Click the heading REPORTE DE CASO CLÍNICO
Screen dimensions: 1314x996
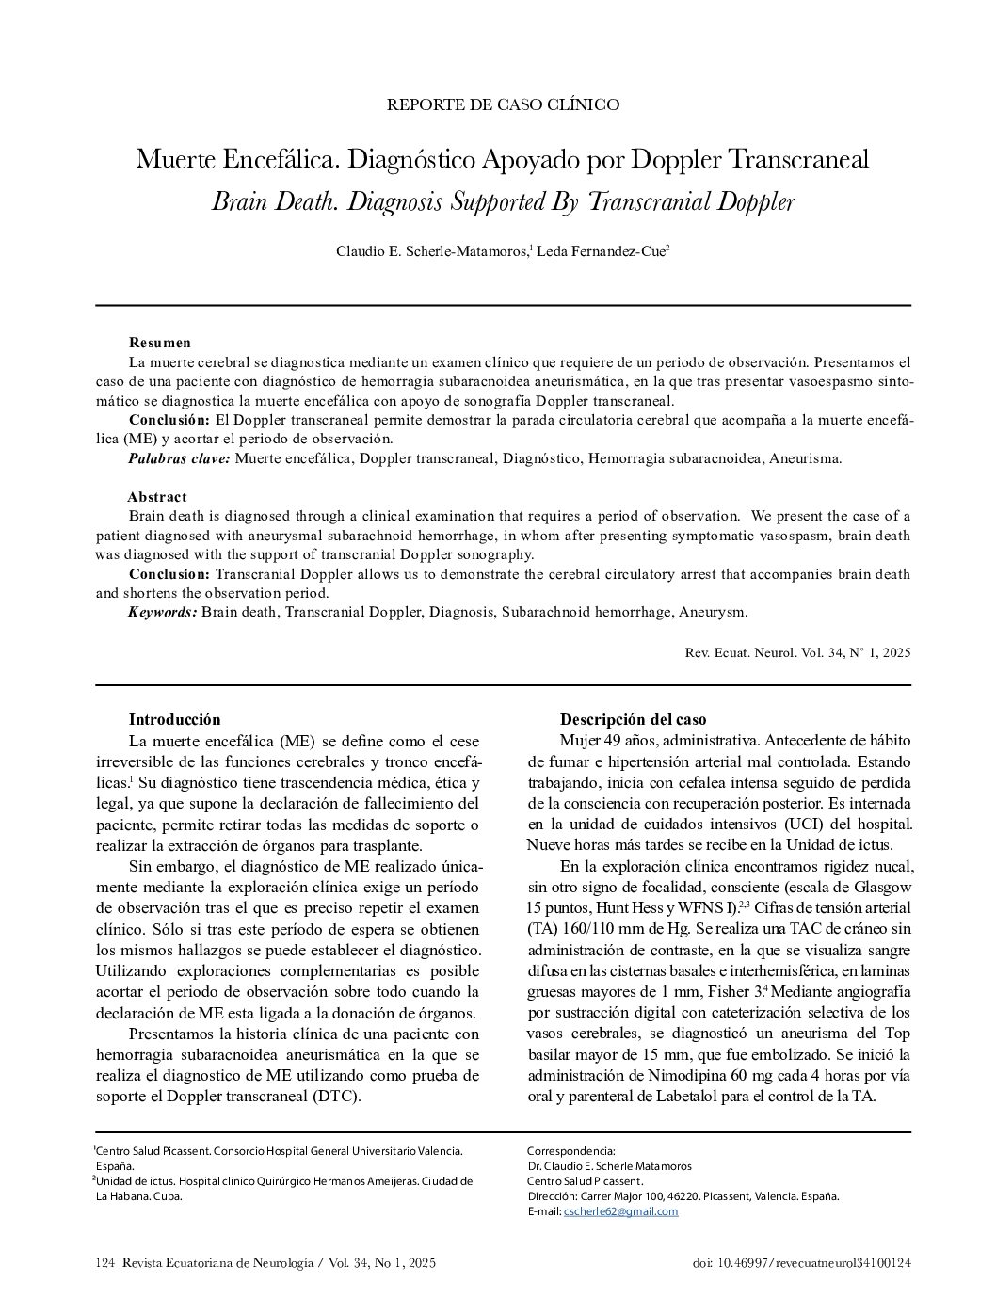click(x=503, y=104)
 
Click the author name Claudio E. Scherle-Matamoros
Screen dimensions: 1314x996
click(x=432, y=251)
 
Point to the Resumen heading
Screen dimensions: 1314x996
click(x=160, y=343)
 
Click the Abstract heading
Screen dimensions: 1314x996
click(x=157, y=497)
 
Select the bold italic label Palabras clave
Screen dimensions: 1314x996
click(x=179, y=458)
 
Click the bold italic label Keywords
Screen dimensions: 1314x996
click(x=163, y=612)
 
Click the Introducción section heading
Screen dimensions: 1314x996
click(x=174, y=720)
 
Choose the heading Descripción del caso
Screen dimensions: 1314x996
click(x=633, y=720)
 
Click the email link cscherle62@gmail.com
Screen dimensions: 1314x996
click(x=620, y=1211)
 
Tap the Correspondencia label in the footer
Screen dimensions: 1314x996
click(x=570, y=1151)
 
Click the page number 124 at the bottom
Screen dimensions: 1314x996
click(x=104, y=1263)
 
